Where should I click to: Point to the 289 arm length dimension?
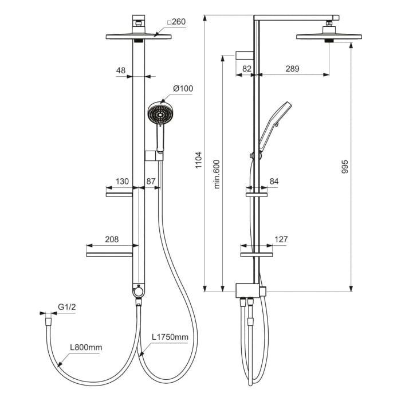292,69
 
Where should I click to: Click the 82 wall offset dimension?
247,69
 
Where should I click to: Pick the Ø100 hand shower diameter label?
183,88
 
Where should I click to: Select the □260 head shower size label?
176,22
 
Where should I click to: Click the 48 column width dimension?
121,70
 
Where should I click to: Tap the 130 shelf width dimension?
122,181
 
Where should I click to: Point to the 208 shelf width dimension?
112,239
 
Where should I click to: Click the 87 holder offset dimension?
151,181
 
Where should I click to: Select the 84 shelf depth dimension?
274,182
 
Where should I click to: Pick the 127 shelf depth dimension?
281,239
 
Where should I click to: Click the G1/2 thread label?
67,308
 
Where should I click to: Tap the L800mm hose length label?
86,347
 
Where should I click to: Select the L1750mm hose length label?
170,337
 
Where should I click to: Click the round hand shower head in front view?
159,114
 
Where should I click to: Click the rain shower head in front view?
139,37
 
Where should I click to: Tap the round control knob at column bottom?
138,293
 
